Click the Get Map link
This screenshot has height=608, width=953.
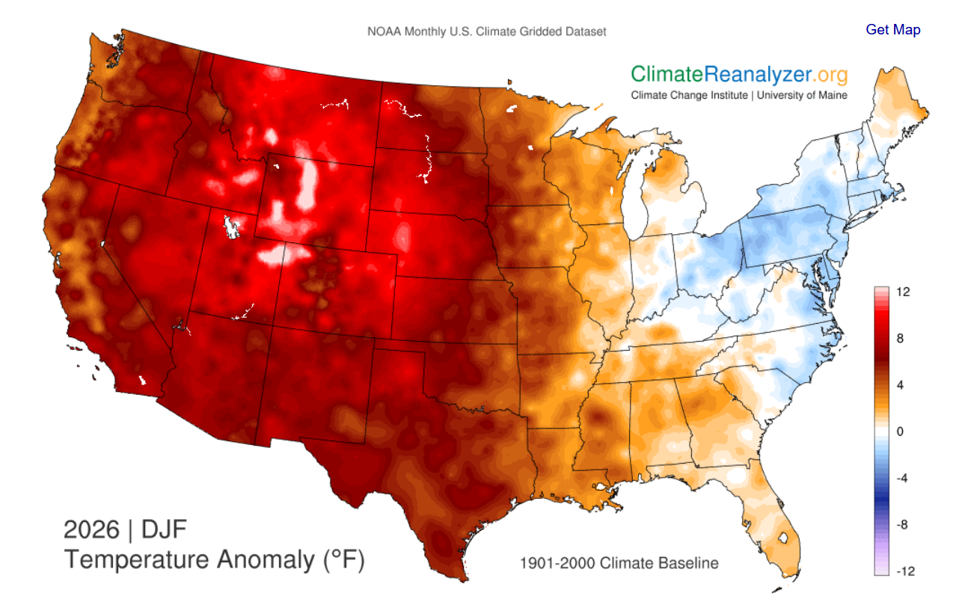[x=892, y=30]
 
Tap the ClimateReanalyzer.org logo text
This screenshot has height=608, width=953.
[x=739, y=74]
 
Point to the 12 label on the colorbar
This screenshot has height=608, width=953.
[x=902, y=292]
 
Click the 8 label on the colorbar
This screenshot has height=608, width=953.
[x=901, y=339]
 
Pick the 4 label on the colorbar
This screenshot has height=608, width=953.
[x=901, y=385]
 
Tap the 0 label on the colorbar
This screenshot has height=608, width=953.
[x=901, y=432]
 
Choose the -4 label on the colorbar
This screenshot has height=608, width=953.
[x=902, y=478]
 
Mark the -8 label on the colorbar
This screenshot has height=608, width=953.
[x=902, y=524]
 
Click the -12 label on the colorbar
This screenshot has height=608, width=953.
[x=904, y=571]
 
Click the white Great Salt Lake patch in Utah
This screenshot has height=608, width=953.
[x=233, y=225]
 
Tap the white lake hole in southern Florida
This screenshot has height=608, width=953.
[x=784, y=537]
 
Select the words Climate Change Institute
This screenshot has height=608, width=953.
[x=688, y=95]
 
